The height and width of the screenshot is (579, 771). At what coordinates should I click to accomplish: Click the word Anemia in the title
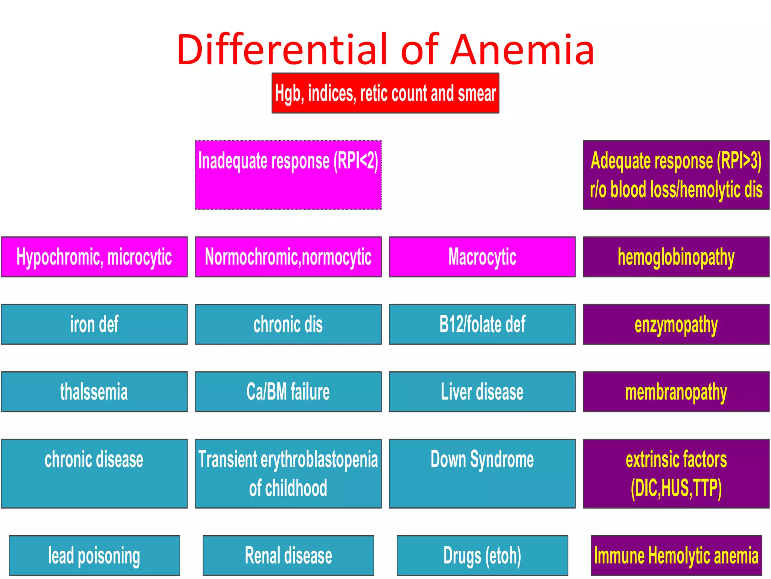coord(522,50)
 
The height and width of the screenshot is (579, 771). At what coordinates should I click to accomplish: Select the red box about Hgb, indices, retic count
coord(385,93)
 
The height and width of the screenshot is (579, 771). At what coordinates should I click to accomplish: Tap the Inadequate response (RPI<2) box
coord(288,175)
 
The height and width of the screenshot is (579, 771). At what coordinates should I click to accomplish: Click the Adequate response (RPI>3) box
coord(676,175)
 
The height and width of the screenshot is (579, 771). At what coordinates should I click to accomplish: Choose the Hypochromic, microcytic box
coord(94,257)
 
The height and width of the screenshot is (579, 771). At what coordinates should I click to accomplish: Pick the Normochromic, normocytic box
coord(288,257)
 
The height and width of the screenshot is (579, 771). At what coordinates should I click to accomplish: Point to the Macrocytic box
coord(482,257)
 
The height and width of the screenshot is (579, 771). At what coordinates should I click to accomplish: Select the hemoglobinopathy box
coord(676,257)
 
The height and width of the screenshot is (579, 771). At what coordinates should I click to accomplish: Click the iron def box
coord(94,324)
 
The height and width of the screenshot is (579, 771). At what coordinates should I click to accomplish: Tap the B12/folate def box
coord(482,324)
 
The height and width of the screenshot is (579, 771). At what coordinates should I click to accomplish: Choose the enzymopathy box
coord(676,324)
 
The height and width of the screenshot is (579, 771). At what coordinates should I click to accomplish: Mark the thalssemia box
coord(94,392)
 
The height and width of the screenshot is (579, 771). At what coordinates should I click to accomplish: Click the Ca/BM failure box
coord(288,392)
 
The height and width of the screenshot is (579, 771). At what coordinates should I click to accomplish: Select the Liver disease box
coord(482,392)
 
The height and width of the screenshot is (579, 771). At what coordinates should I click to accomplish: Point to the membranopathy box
coord(676,392)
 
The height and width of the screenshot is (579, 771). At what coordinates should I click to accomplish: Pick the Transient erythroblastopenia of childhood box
coord(288,473)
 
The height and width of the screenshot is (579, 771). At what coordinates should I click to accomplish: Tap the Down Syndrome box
coord(482,473)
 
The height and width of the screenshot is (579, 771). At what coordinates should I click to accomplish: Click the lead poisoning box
coord(94,555)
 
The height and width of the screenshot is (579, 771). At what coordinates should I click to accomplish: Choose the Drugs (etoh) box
coord(482,555)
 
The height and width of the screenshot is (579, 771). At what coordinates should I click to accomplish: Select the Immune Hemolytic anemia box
coord(676,555)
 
